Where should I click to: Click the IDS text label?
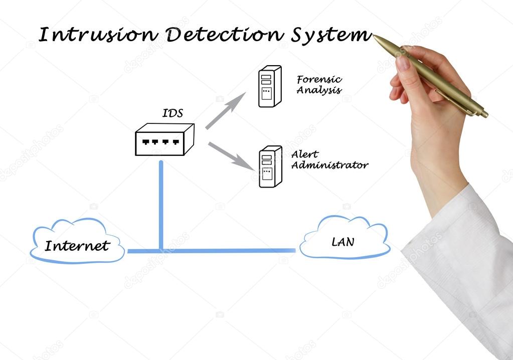pyautogui.click(x=173, y=113)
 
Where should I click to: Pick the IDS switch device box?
pyautogui.click(x=164, y=139)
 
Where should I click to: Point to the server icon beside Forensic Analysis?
pyautogui.click(x=269, y=86)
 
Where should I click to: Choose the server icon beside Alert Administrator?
pyautogui.click(x=270, y=166)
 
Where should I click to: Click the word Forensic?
pyautogui.click(x=319, y=80)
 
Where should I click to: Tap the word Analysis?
pyautogui.click(x=319, y=91)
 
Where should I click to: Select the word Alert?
pyautogui.click(x=304, y=154)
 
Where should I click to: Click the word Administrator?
pyautogui.click(x=329, y=165)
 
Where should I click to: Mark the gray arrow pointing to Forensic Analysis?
pyautogui.click(x=225, y=111)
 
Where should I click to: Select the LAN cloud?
pyautogui.click(x=344, y=239)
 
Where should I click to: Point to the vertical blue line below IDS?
pyautogui.click(x=161, y=206)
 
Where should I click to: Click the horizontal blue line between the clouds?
pyautogui.click(x=226, y=250)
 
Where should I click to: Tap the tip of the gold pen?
pyautogui.click(x=375, y=37)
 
